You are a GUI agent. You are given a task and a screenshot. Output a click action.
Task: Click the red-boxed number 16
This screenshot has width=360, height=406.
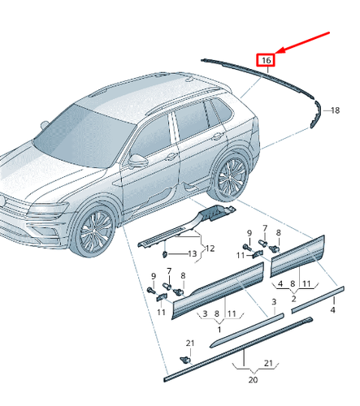click(x=267, y=59)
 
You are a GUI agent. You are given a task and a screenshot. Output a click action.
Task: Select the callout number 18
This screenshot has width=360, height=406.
click(x=332, y=110)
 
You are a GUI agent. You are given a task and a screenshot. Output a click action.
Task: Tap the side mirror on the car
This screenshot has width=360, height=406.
click(x=141, y=158)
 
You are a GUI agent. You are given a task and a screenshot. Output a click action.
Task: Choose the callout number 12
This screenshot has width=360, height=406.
click(x=209, y=248)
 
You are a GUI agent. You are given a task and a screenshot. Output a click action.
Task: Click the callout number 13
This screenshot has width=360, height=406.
click(x=193, y=254)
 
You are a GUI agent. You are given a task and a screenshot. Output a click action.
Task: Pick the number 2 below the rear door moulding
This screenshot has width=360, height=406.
click(x=293, y=298)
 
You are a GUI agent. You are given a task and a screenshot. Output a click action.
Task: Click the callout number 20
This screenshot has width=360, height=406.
click(x=252, y=379)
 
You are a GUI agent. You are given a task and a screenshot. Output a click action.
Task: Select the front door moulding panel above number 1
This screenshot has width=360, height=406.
click(x=215, y=292)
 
